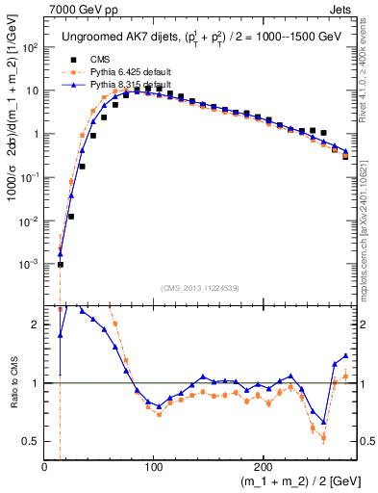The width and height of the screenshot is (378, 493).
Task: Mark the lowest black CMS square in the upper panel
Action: pyautogui.click(x=60, y=265)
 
